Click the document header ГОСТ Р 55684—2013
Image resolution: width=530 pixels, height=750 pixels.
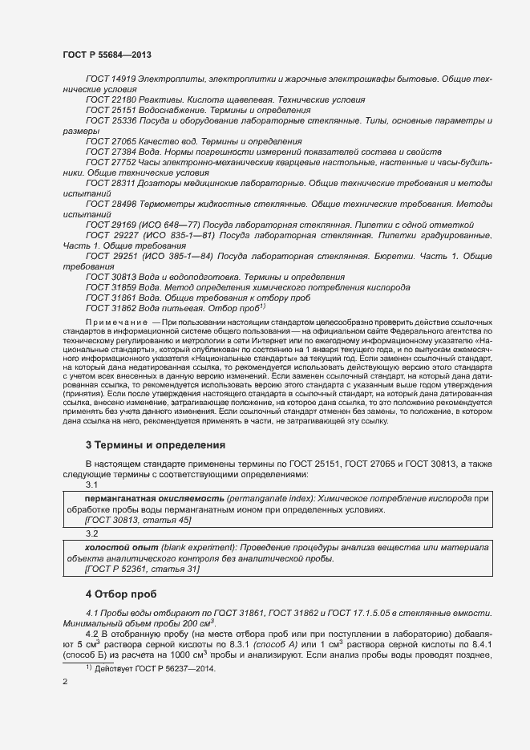pyautogui.click(x=107, y=54)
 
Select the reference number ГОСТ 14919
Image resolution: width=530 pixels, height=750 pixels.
pyautogui.click(x=111, y=79)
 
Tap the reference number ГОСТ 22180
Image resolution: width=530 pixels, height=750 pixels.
pyautogui.click(x=111, y=99)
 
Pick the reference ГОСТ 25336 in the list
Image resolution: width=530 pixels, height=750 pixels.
pyautogui.click(x=111, y=120)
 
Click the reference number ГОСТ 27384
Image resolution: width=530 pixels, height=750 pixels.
pyautogui.click(x=111, y=152)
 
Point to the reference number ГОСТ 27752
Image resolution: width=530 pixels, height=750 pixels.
pyautogui.click(x=111, y=162)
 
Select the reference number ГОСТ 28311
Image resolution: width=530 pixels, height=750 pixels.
pyautogui.click(x=111, y=183)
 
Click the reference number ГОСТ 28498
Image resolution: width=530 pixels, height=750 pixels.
pyautogui.click(x=111, y=204)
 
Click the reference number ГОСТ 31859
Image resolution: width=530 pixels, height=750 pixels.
pyautogui.click(x=111, y=287)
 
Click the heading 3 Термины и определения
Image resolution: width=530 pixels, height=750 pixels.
pyautogui.click(x=155, y=444)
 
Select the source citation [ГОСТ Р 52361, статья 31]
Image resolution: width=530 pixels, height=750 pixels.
pyautogui.click(x=142, y=569)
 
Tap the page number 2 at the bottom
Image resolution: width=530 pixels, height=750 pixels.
pyautogui.click(x=65, y=682)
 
